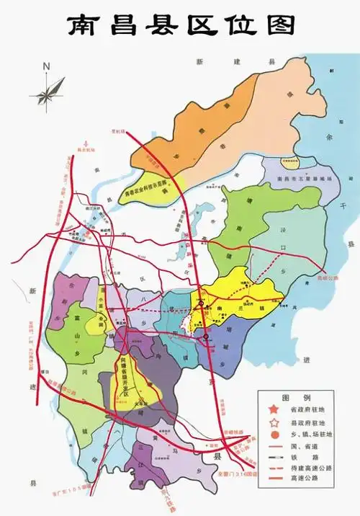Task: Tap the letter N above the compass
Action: tap(46, 66)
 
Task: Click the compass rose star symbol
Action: tap(47, 92)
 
